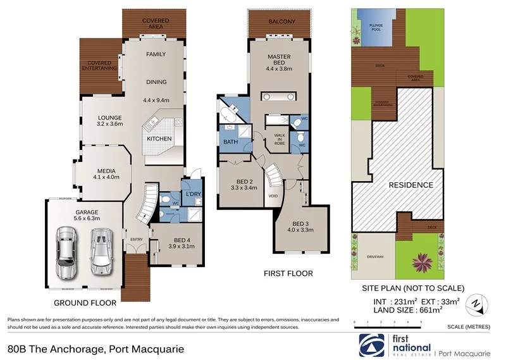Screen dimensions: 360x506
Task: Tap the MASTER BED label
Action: point(278,58)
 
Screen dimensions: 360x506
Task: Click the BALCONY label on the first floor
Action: point(281,22)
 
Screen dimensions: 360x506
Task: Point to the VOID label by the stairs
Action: point(273,196)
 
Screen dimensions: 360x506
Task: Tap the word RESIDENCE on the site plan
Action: point(410,185)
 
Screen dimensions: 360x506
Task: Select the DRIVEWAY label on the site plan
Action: point(375,257)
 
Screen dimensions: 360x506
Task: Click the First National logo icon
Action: point(371,345)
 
